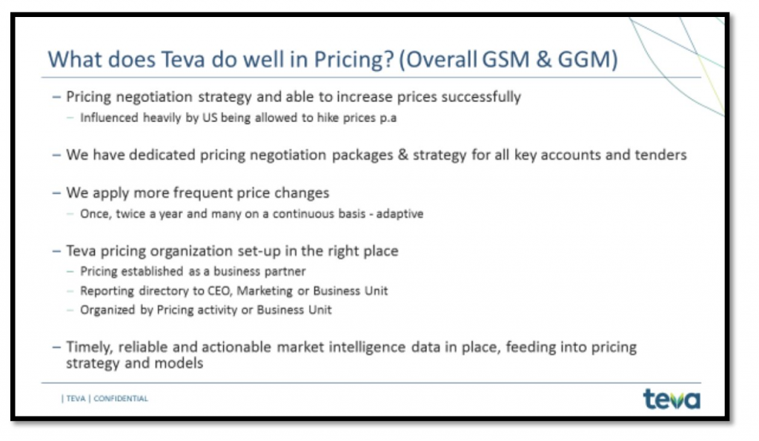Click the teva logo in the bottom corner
coord(672,399)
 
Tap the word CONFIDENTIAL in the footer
coord(121,399)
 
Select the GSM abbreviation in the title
coord(506,59)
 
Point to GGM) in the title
coord(588,59)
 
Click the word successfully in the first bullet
coord(481,97)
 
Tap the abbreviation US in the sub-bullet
coord(210,118)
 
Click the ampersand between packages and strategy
coord(403,155)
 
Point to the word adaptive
coord(400,214)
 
